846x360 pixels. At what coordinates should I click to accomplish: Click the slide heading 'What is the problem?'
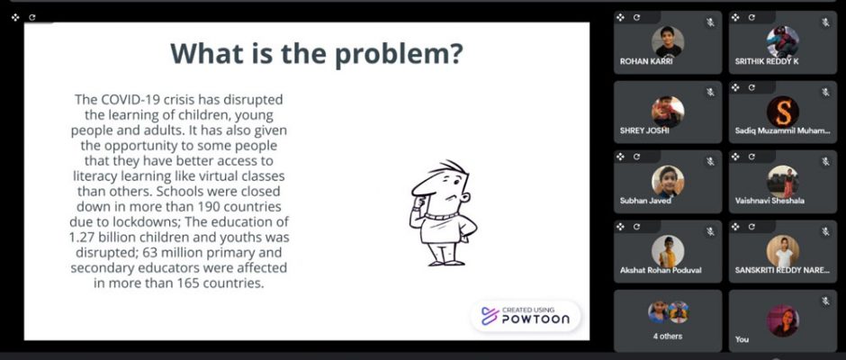point(317,54)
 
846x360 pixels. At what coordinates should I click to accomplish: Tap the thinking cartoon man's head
point(441,187)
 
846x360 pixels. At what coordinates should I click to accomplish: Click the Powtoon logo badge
point(526,316)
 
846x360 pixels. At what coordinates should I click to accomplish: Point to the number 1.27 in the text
point(82,238)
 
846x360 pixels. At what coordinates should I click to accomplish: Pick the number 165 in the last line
point(188,283)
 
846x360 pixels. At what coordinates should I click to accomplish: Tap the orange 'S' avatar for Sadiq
point(783,112)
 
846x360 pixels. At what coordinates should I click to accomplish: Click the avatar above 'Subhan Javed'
point(668,181)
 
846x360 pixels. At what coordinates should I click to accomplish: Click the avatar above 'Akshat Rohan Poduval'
point(668,251)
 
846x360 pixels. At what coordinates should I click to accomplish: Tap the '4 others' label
point(668,337)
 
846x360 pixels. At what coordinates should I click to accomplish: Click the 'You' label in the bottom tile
point(742,339)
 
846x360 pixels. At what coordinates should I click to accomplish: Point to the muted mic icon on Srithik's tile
point(826,22)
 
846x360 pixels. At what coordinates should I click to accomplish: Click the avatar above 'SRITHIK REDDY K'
point(783,42)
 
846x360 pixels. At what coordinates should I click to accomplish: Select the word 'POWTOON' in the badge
point(535,319)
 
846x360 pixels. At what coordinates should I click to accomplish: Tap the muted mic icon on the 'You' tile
point(826,301)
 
